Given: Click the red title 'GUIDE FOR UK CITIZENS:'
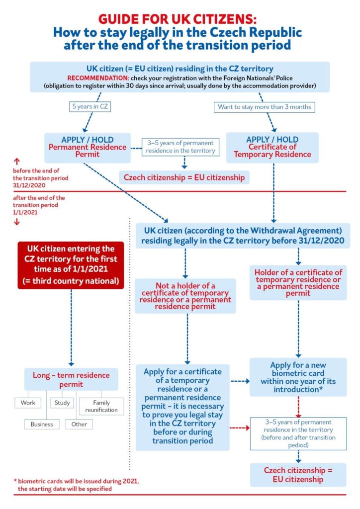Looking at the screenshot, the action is pyautogui.click(x=177, y=19).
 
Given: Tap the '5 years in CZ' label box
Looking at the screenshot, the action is pyautogui.click(x=90, y=106).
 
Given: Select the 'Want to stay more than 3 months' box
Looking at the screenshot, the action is pyautogui.click(x=264, y=107).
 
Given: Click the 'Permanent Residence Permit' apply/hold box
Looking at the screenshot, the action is pyautogui.click(x=88, y=148).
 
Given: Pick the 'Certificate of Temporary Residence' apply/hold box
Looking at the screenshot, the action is pyautogui.click(x=272, y=147).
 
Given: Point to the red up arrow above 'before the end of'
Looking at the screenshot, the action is pyautogui.click(x=17, y=162).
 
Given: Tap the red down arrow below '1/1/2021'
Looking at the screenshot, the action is pyautogui.click(x=17, y=222).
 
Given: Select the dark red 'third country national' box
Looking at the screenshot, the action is pyautogui.click(x=71, y=265).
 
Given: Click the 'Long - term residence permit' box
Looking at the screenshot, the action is pyautogui.click(x=71, y=379).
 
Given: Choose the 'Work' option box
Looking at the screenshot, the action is pyautogui.click(x=28, y=403).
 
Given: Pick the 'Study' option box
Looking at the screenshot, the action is pyautogui.click(x=62, y=403).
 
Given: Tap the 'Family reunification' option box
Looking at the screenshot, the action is pyautogui.click(x=101, y=406).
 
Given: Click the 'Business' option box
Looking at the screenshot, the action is pyautogui.click(x=42, y=424).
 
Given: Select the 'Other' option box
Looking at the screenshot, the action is pyautogui.click(x=79, y=424).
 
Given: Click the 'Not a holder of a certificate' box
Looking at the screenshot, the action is pyautogui.click(x=185, y=296).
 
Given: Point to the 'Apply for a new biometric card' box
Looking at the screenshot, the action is pyautogui.click(x=298, y=377).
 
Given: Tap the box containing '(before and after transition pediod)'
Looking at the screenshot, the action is pyautogui.click(x=298, y=433).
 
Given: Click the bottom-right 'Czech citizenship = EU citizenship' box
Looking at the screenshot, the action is pyautogui.click(x=298, y=475).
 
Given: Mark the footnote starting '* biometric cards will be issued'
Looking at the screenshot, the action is pyautogui.click(x=76, y=485).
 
